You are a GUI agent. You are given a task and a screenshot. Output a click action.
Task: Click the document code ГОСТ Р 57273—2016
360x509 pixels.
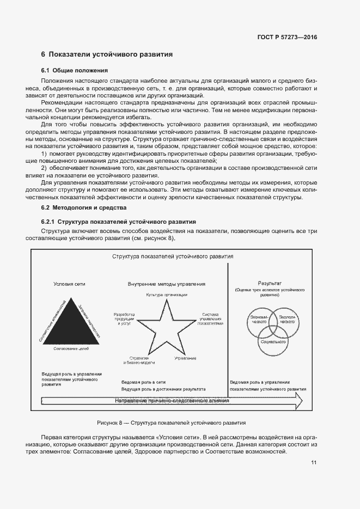(x=287, y=37)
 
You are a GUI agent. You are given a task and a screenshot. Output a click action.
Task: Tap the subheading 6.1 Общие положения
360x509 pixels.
(x=75, y=71)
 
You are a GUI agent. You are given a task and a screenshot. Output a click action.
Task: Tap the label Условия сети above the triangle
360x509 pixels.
(x=69, y=284)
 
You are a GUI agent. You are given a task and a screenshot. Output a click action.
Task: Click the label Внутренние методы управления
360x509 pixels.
(x=167, y=284)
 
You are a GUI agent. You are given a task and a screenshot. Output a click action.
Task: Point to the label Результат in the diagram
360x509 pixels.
(x=270, y=283)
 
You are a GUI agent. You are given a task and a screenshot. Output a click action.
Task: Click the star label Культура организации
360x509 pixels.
(x=167, y=295)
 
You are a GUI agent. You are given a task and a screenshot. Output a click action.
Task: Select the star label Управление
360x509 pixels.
(x=186, y=358)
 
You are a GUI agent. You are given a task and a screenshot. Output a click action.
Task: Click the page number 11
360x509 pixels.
(x=314, y=463)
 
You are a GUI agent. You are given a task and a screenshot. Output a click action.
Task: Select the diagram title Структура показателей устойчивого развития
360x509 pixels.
(x=173, y=255)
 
